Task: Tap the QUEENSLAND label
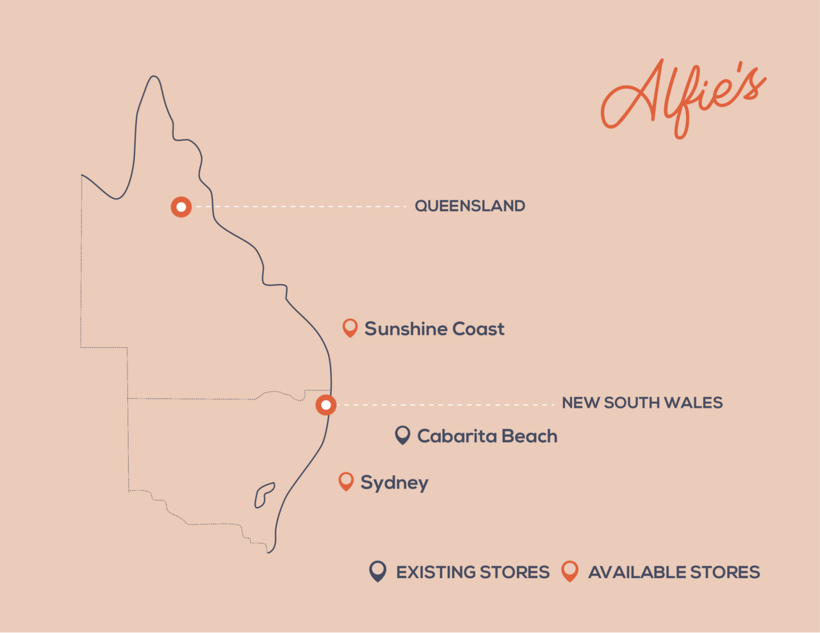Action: (x=470, y=206)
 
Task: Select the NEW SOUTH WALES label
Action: (x=642, y=403)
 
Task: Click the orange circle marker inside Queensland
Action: (x=181, y=207)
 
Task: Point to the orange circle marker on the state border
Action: (x=326, y=405)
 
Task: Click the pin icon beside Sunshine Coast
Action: (x=350, y=328)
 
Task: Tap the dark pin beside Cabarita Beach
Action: (x=402, y=435)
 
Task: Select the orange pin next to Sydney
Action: (x=346, y=481)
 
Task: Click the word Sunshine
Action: (x=406, y=329)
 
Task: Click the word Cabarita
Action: (x=456, y=437)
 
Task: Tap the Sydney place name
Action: (x=394, y=483)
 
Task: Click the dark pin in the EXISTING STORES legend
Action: (x=378, y=571)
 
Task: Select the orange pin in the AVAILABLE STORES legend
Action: (x=570, y=571)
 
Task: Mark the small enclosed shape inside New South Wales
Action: (x=263, y=495)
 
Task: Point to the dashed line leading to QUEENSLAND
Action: (x=301, y=207)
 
